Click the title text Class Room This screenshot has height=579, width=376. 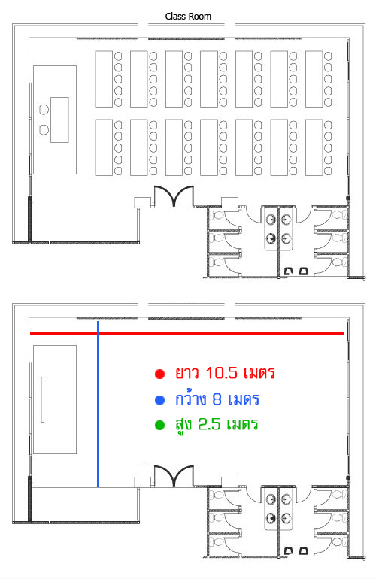(x=188, y=17)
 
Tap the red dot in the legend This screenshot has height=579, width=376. (x=159, y=374)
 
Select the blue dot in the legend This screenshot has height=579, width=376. (x=159, y=400)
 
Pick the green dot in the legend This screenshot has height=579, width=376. (x=159, y=425)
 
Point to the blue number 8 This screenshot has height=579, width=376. (x=217, y=399)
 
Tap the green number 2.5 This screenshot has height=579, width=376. (x=209, y=424)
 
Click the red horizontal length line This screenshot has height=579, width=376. (x=187, y=333)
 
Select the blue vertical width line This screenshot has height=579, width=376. (x=99, y=404)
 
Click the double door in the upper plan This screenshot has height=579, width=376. (x=174, y=195)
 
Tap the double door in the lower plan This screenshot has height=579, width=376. (x=174, y=475)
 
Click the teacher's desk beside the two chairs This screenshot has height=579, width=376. (x=59, y=120)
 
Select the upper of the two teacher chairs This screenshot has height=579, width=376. (x=44, y=110)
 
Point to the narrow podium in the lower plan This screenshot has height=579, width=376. (x=43, y=399)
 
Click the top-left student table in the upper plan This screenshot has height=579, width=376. (x=104, y=79)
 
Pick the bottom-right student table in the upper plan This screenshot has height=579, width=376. (x=314, y=147)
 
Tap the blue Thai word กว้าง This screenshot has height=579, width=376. (x=190, y=399)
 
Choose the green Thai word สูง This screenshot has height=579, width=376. (x=183, y=425)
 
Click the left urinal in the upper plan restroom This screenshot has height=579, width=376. (x=289, y=271)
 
